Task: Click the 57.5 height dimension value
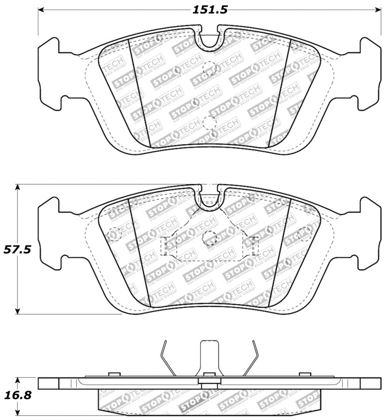click(17, 250)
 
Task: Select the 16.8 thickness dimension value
click(17, 395)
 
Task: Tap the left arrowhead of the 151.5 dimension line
click(41, 10)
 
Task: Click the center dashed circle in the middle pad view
click(209, 237)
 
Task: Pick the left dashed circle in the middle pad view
click(114, 233)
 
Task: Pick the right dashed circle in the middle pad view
click(305, 233)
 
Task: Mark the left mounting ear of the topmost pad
click(50, 72)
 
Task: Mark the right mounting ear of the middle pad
click(370, 232)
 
